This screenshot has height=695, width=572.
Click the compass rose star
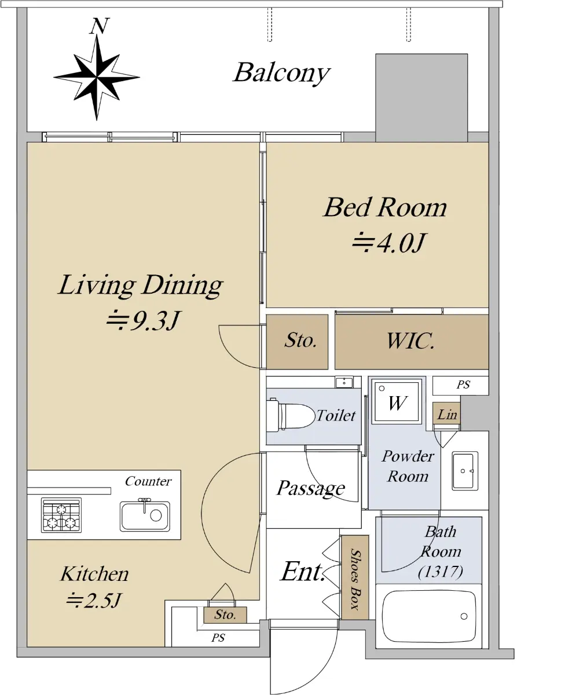(x=97, y=78)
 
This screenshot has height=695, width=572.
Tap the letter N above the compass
(x=99, y=26)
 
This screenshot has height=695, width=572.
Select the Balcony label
(x=281, y=74)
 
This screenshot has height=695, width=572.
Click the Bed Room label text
(x=385, y=207)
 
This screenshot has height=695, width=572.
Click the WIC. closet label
(x=410, y=341)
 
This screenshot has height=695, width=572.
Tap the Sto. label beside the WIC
(x=300, y=340)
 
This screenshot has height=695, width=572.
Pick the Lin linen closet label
(x=447, y=414)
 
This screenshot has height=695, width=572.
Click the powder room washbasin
(x=465, y=471)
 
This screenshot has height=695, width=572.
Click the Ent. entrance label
(x=302, y=572)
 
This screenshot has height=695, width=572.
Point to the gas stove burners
(x=61, y=515)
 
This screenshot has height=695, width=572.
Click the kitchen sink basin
(x=145, y=515)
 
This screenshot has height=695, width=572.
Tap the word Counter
(x=148, y=481)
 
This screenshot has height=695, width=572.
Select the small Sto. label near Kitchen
(x=225, y=614)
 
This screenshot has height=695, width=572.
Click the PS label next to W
(x=463, y=385)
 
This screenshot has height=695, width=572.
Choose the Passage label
(x=311, y=488)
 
